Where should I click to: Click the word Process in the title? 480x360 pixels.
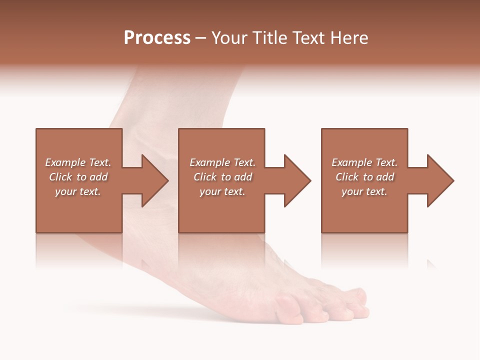157,38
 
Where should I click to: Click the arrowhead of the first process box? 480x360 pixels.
154,180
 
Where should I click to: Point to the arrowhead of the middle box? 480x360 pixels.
297,180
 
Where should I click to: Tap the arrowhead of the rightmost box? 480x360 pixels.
440,180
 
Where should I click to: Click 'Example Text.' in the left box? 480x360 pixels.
78,162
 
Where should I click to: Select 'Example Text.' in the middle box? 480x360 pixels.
222,162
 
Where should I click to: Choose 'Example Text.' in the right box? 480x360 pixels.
364,162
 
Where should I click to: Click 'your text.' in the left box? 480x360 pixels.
78,191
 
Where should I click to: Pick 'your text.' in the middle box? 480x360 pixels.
222,191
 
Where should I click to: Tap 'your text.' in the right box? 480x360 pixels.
364,191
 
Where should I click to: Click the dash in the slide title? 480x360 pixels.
201,38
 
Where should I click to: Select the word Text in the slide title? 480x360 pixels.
307,38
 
